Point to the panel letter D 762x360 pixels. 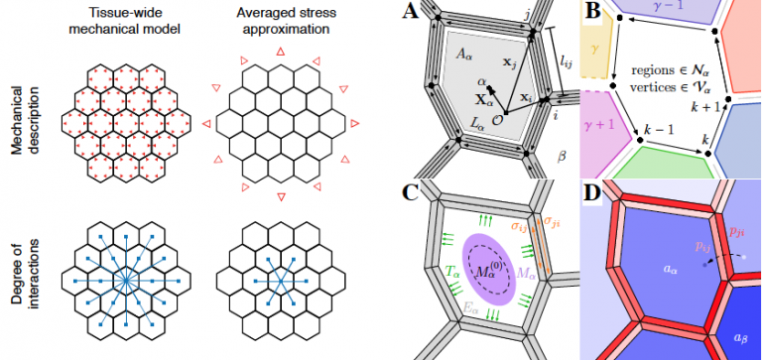(x=593, y=193)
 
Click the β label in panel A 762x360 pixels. (x=562, y=156)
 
